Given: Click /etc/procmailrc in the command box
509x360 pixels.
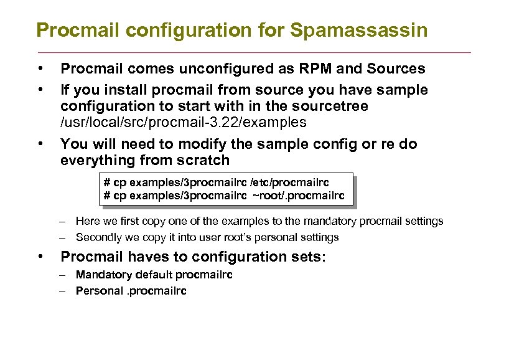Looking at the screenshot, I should pyautogui.click(x=289, y=182).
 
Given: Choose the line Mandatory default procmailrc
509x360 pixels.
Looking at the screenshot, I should pyautogui.click(x=154, y=275).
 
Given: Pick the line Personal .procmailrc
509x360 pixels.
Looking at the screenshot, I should pyautogui.click(x=131, y=291).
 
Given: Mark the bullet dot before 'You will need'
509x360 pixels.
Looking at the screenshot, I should pyautogui.click(x=39, y=144).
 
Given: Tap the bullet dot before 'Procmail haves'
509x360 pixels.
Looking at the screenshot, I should pyautogui.click(x=39, y=257).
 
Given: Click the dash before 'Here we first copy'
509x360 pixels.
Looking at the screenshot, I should pyautogui.click(x=63, y=221).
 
